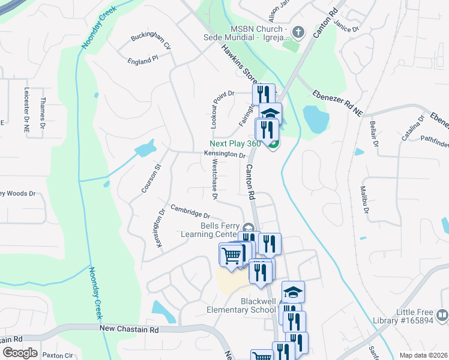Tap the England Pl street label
(142, 60)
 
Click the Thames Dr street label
(43, 113)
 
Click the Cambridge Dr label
(190, 211)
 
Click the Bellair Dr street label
(374, 133)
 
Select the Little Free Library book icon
(441, 314)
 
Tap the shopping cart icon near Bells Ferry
(231, 256)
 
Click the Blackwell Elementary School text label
(241, 305)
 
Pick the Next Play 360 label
(237, 143)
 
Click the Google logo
(20, 353)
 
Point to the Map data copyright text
(423, 355)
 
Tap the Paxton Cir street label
(58, 355)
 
